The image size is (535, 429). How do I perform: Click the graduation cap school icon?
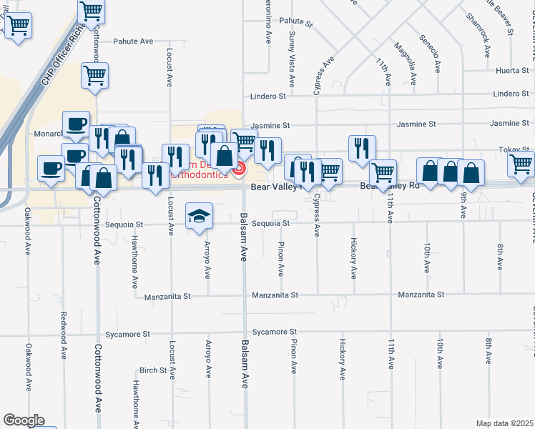[199, 215]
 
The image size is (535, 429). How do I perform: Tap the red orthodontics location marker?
[240, 169]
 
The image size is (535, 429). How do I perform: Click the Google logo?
[23, 420]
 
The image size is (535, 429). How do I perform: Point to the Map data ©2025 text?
[504, 423]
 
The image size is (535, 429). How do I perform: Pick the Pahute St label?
[296, 23]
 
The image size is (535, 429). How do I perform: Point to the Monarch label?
[48, 134]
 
